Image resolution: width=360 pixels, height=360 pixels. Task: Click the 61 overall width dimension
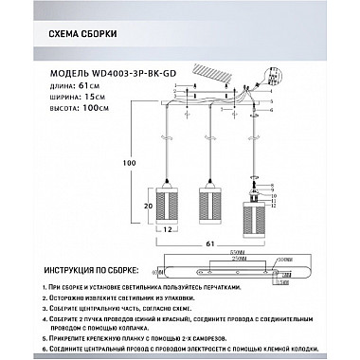tap(222, 243)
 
